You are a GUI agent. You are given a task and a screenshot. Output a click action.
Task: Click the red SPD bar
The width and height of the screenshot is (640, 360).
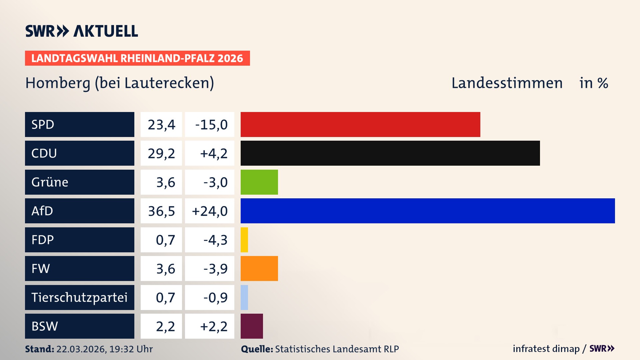pos(360,124)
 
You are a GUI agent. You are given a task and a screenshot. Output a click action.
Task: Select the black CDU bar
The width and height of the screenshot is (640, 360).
pos(390,153)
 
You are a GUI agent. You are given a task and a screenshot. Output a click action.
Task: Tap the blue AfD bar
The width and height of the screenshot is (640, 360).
pos(427,211)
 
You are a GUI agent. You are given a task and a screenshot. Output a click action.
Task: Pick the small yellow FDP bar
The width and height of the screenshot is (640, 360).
pos(244,240)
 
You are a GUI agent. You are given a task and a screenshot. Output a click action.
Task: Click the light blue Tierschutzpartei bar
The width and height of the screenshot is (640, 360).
pos(244,297)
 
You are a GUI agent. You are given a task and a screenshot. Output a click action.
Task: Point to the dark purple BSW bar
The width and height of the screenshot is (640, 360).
pos(252,326)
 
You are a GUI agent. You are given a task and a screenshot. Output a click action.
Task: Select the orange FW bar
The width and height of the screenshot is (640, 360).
pos(259,268)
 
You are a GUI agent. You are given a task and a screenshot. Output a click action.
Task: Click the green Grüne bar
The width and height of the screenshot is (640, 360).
pos(259,182)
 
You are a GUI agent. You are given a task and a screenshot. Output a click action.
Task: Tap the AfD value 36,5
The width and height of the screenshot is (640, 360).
pos(161,211)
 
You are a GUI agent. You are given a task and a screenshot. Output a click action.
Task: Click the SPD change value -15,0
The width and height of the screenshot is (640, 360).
pos(211,125)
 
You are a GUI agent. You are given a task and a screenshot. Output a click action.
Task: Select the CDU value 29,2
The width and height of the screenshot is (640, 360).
pos(161,153)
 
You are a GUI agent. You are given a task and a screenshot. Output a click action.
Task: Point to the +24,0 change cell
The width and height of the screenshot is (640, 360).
pos(210,211)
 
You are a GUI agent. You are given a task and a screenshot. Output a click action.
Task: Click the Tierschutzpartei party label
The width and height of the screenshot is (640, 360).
pos(79,297)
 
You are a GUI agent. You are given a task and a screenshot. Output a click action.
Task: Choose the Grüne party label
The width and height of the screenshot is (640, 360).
pos(50,182)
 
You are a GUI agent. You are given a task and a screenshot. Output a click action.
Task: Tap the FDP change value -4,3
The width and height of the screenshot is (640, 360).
pos(215,240)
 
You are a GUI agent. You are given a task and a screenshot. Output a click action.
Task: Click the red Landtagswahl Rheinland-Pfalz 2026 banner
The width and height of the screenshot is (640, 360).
pos(137,58)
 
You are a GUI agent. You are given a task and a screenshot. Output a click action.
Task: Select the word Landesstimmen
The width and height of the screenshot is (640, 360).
pos(507,83)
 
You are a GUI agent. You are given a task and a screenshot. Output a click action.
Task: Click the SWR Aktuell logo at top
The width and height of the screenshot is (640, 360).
pos(82,31)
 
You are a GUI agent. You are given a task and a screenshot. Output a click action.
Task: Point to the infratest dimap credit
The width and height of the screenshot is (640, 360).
pos(546,349)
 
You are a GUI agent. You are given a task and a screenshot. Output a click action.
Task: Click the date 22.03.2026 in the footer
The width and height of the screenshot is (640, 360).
pos(81,349)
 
